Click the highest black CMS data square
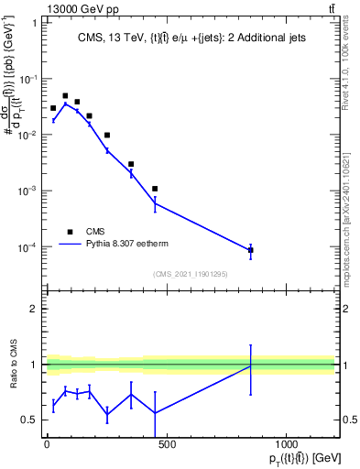(x=65, y=95)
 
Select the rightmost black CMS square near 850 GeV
(x=250, y=249)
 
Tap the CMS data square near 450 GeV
(x=155, y=189)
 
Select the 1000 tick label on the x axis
(x=287, y=444)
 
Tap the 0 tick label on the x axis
(x=47, y=444)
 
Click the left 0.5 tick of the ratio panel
(x=30, y=420)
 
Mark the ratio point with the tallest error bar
(x=250, y=366)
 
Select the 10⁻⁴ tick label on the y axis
(x=27, y=247)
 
